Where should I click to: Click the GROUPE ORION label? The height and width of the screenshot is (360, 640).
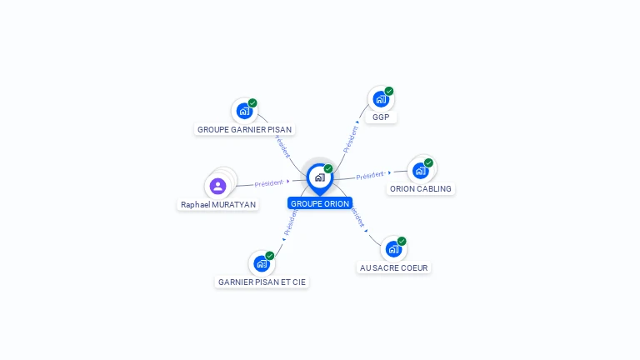(x=320, y=203)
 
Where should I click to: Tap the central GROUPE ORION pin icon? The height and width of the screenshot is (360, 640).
(x=319, y=177)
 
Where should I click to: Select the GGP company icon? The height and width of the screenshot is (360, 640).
(x=381, y=99)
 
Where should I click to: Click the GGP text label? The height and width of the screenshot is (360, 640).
(x=381, y=117)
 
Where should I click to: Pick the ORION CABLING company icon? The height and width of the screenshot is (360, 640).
(x=420, y=170)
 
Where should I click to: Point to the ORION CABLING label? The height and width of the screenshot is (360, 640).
(x=421, y=189)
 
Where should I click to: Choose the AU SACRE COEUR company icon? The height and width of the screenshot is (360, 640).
(x=393, y=248)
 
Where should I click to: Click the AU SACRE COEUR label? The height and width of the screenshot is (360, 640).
(x=395, y=267)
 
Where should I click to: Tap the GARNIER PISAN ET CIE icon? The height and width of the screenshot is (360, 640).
(x=262, y=263)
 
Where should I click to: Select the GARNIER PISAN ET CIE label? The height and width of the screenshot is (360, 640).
(x=262, y=282)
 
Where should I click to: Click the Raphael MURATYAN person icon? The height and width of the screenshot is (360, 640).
(x=218, y=186)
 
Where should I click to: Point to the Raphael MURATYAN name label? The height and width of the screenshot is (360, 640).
(x=218, y=204)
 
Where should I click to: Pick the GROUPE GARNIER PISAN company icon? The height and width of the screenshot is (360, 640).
(x=244, y=110)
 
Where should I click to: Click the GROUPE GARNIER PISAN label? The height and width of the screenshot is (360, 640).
(x=245, y=129)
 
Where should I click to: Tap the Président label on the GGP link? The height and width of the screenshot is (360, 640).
(x=351, y=137)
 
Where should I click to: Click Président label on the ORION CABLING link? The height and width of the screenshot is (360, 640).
(x=370, y=175)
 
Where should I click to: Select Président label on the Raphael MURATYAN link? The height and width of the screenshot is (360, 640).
(x=269, y=182)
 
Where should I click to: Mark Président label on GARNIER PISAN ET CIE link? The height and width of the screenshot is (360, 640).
(x=289, y=222)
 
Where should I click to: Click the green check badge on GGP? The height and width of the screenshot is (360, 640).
(x=389, y=91)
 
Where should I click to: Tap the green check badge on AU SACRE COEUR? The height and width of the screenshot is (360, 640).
(x=402, y=241)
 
